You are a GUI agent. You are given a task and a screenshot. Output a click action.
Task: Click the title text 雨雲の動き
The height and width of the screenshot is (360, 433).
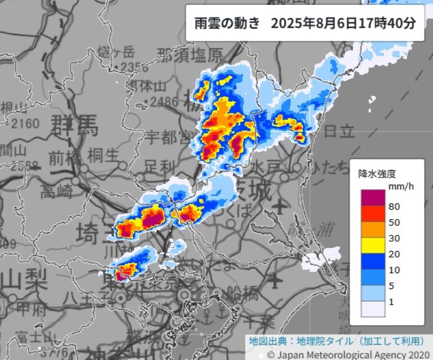pos(226,24)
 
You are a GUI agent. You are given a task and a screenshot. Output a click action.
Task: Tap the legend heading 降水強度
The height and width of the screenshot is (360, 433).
pos(377,174)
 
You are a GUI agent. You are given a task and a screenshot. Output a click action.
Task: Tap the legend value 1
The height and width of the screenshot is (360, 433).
pos(391,301)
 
